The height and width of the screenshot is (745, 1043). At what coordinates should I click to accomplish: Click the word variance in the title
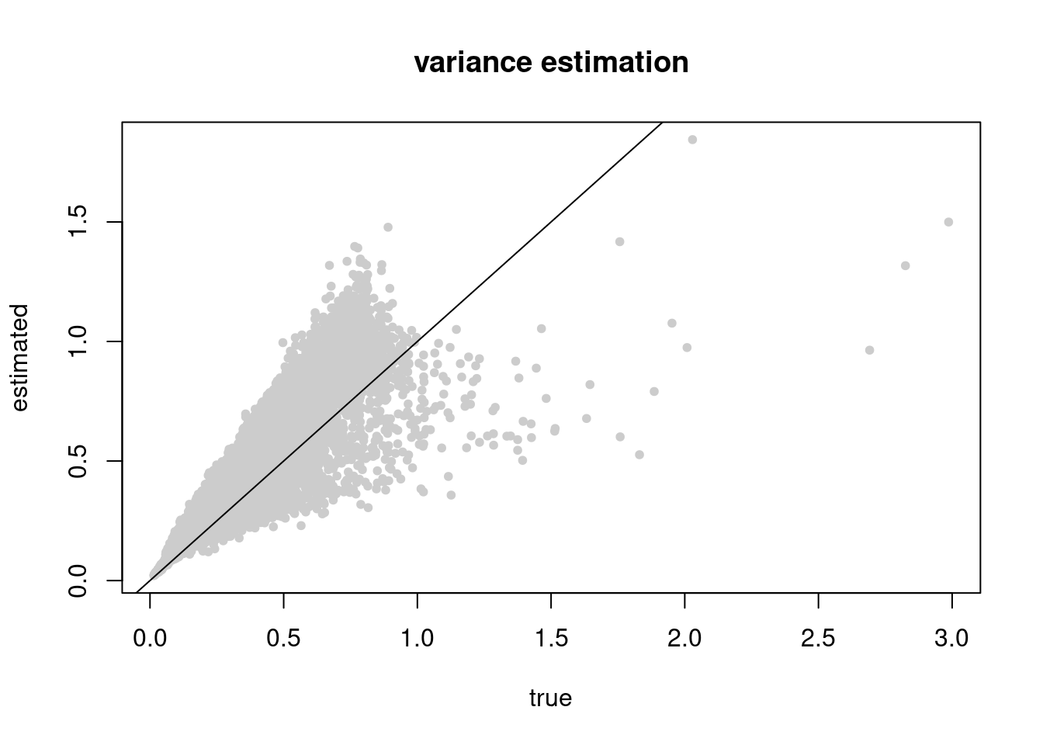tap(473, 62)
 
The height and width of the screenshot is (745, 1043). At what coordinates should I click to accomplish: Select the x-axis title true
tap(550, 698)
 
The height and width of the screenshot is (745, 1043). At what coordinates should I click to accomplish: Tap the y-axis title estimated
tap(20, 358)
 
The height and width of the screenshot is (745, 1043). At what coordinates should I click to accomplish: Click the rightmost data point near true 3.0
tap(948, 222)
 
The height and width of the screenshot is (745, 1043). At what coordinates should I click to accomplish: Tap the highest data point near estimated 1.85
tap(692, 140)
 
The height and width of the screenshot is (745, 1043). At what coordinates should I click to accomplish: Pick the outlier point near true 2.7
tap(869, 350)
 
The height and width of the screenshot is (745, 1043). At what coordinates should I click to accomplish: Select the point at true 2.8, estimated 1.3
tap(905, 265)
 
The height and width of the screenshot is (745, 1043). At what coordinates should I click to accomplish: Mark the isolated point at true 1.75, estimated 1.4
tap(619, 241)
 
